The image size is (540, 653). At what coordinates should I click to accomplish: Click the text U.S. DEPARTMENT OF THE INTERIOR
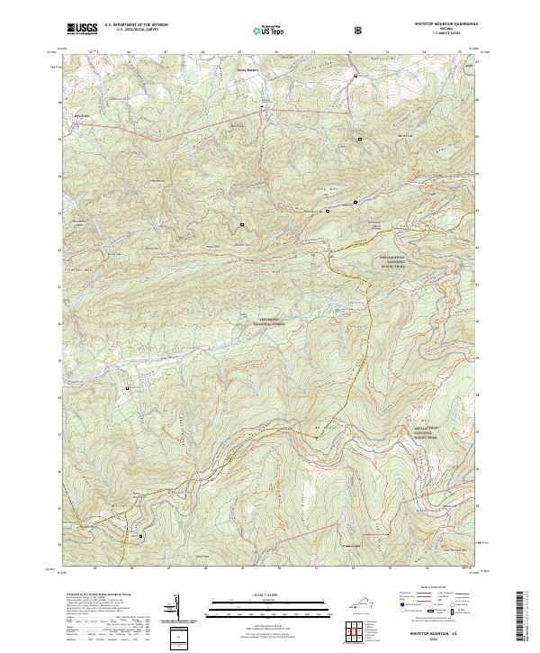(x=136, y=25)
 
